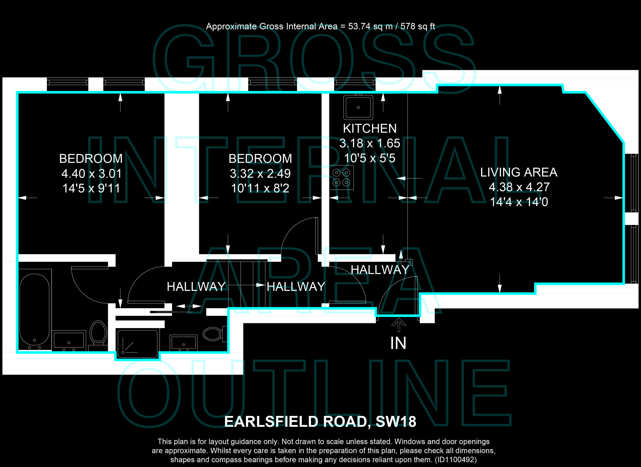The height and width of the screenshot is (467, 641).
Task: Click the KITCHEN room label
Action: click(x=370, y=129)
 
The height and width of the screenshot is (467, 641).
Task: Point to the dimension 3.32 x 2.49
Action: click(x=260, y=173)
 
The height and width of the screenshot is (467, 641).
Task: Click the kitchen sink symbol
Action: click(x=358, y=107)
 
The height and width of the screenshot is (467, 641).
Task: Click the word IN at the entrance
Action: click(x=398, y=343)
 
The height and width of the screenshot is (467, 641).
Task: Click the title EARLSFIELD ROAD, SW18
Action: click(x=320, y=422)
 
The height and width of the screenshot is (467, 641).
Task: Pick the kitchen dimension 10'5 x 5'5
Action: click(x=370, y=158)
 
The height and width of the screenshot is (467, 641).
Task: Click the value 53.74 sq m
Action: click(x=370, y=26)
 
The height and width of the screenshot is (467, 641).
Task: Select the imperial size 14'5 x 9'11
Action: click(x=91, y=188)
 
